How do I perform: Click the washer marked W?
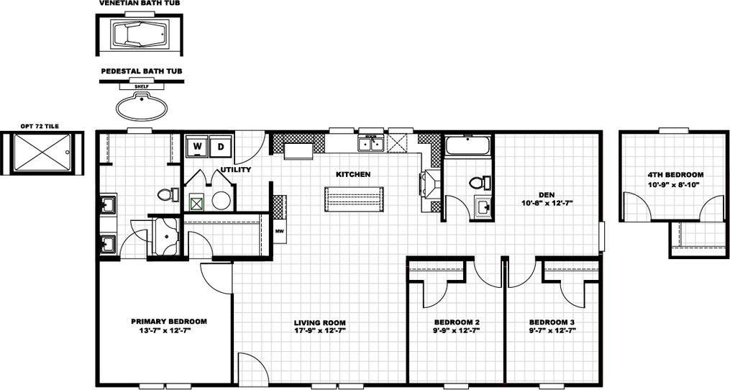point(196,147)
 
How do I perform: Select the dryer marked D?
point(221,147)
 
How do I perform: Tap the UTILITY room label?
point(236,170)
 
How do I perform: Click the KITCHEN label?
point(353,174)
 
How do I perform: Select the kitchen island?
point(355,199)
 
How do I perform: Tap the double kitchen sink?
point(372,143)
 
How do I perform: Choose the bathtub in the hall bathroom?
point(467,147)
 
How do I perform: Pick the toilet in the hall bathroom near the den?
point(478,182)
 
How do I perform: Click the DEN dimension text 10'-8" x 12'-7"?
point(545,203)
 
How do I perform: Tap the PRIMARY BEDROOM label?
point(169,321)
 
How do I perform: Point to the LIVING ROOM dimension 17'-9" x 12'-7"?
point(320,331)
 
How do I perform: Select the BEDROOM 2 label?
point(457,322)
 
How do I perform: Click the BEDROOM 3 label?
point(552,322)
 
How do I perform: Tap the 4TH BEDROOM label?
point(675,174)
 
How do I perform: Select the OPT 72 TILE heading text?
point(40,126)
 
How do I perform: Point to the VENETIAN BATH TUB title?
point(140,4)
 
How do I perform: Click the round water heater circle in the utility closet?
point(222,201)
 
